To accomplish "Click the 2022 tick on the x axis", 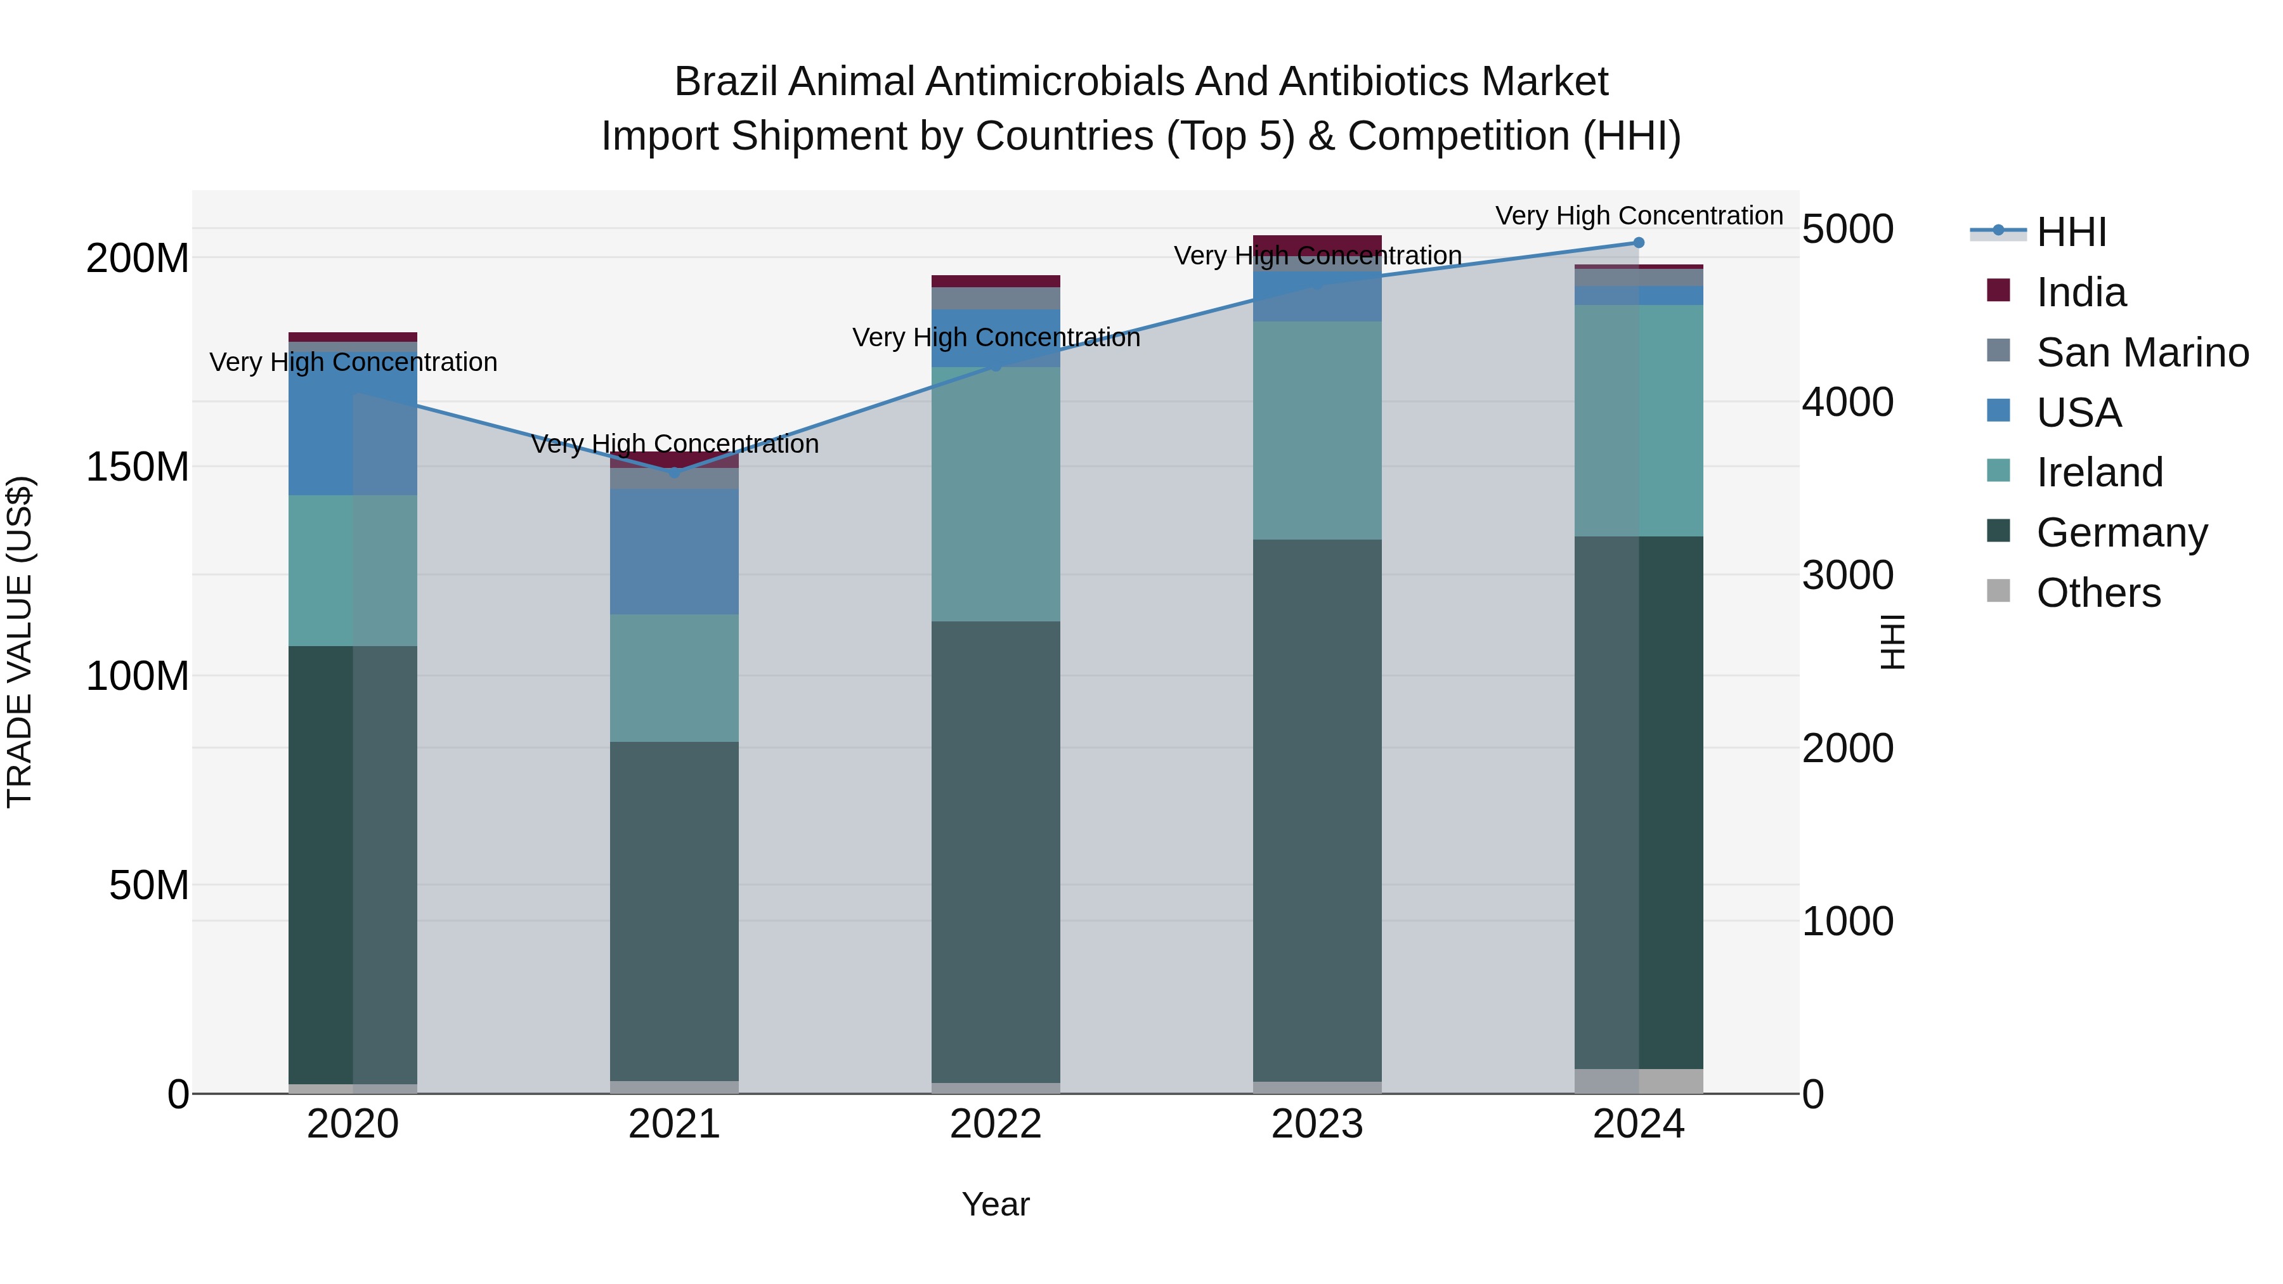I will (995, 1124).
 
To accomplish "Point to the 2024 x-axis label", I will (1638, 1124).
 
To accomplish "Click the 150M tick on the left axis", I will (138, 467).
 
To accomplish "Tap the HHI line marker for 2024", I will (1638, 243).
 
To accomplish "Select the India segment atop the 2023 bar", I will (1317, 243).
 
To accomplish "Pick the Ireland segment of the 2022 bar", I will (995, 493).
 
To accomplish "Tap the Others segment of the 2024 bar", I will (1638, 1080).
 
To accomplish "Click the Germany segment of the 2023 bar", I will (1317, 811).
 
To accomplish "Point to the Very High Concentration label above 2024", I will (1638, 216).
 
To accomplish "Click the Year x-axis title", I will (995, 1204).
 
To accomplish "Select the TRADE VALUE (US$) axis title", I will (20, 642).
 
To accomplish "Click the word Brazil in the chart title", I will (726, 82).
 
